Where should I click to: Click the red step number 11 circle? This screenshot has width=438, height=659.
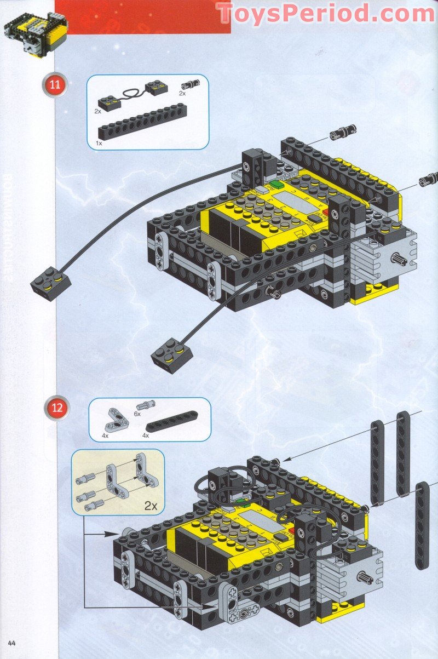pyautogui.click(x=54, y=85)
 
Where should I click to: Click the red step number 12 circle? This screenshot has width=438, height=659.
pyautogui.click(x=58, y=408)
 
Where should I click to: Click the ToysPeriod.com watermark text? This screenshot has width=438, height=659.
pyautogui.click(x=326, y=13)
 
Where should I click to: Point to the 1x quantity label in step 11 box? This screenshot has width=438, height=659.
pyautogui.click(x=99, y=142)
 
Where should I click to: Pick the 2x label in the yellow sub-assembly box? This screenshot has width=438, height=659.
pyautogui.click(x=151, y=505)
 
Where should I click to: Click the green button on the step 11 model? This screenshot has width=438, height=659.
pyautogui.click(x=276, y=184)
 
